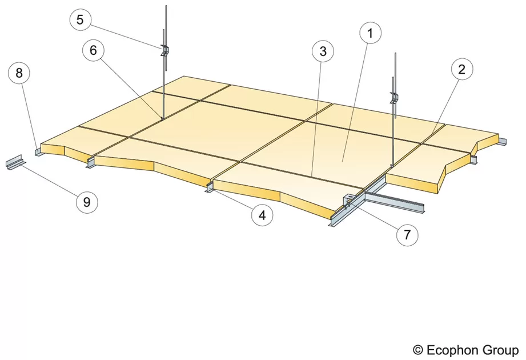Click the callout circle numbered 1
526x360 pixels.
[x=370, y=33]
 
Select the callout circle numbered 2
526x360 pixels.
[x=462, y=69]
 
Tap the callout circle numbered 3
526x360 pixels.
[x=323, y=51]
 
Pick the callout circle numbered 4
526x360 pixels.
[x=262, y=215]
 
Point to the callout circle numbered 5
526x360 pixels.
[x=80, y=19]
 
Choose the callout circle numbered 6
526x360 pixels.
[x=93, y=50]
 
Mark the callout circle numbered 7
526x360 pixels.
[x=407, y=235]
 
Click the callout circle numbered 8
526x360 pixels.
[x=19, y=73]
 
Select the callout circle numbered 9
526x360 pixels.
[x=87, y=202]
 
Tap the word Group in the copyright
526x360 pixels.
[x=500, y=351]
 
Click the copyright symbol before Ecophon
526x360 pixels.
[x=417, y=350]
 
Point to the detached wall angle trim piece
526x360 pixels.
[x=15, y=162]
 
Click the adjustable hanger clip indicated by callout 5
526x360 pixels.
[x=164, y=50]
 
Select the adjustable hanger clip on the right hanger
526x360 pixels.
[x=394, y=98]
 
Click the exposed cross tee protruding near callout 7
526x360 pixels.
[x=395, y=200]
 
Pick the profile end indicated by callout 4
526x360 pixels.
[x=208, y=188]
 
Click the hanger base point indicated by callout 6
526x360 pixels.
[x=162, y=118]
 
